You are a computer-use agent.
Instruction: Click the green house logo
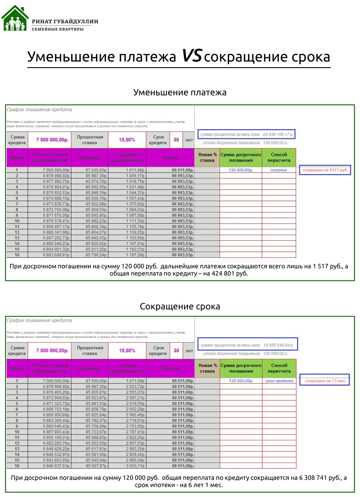[x=15, y=19]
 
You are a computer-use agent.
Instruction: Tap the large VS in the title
[x=191, y=56]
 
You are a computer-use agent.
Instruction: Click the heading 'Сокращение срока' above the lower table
[x=180, y=306]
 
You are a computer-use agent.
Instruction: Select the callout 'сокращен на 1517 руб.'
[x=325, y=170]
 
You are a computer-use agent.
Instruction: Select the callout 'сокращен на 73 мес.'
[x=325, y=381]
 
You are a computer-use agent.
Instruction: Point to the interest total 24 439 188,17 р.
[x=278, y=135]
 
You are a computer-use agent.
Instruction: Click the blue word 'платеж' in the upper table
[x=279, y=170]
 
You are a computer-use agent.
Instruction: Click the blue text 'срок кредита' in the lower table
[x=279, y=381]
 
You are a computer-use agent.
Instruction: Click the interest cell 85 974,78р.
[x=96, y=181]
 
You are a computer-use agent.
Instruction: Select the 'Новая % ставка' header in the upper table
[x=208, y=157]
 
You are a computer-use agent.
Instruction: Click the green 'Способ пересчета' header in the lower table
[x=279, y=368]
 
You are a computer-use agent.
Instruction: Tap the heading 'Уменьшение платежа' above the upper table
[x=180, y=92]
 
